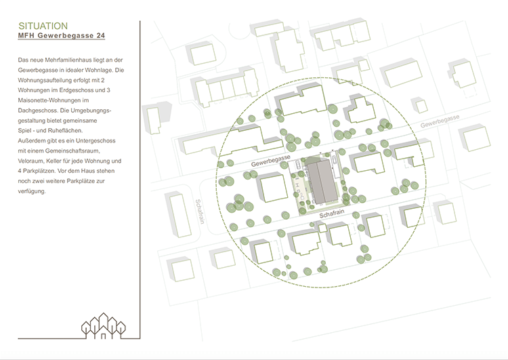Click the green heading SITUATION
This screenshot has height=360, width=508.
tap(43, 26)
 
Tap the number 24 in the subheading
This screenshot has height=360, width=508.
tap(101, 36)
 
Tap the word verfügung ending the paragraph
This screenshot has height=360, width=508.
tap(32, 191)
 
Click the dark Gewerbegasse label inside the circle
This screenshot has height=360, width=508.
tap(271, 160)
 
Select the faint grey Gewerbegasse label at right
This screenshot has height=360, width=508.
tap(440, 121)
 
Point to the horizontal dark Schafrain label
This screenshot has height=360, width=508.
tap(332, 214)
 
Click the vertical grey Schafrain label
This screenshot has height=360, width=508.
tap(200, 212)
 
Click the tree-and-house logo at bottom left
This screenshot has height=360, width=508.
tap(104, 326)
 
